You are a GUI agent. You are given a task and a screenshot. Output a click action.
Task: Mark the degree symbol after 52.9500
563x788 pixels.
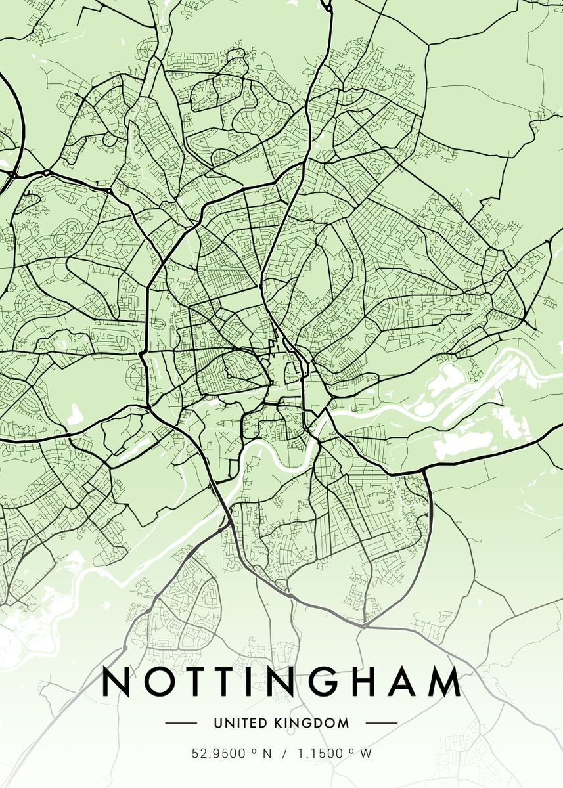pyautogui.click(x=254, y=751)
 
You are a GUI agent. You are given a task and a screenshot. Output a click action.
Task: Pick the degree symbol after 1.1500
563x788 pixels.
pyautogui.click(x=352, y=751)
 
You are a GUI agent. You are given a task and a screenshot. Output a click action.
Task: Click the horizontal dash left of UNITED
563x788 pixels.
pyautogui.click(x=181, y=723)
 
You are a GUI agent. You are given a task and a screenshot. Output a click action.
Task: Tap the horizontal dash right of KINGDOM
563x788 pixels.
pyautogui.click(x=381, y=723)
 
